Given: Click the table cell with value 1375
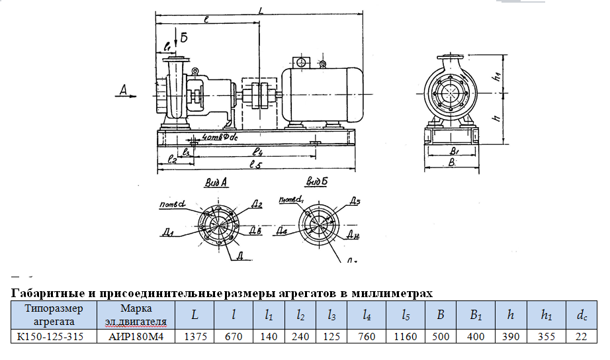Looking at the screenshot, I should (195, 336).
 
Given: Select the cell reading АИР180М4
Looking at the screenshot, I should (136, 336).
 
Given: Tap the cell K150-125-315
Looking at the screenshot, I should (54, 336).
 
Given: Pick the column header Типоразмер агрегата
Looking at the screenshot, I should (54, 315).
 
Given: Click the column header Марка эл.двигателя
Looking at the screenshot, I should (136, 315).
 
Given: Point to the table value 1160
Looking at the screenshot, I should (406, 336).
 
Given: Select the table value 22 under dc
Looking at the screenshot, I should (581, 336).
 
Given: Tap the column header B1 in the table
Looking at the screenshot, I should (475, 315).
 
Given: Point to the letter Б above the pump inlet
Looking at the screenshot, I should (184, 36).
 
